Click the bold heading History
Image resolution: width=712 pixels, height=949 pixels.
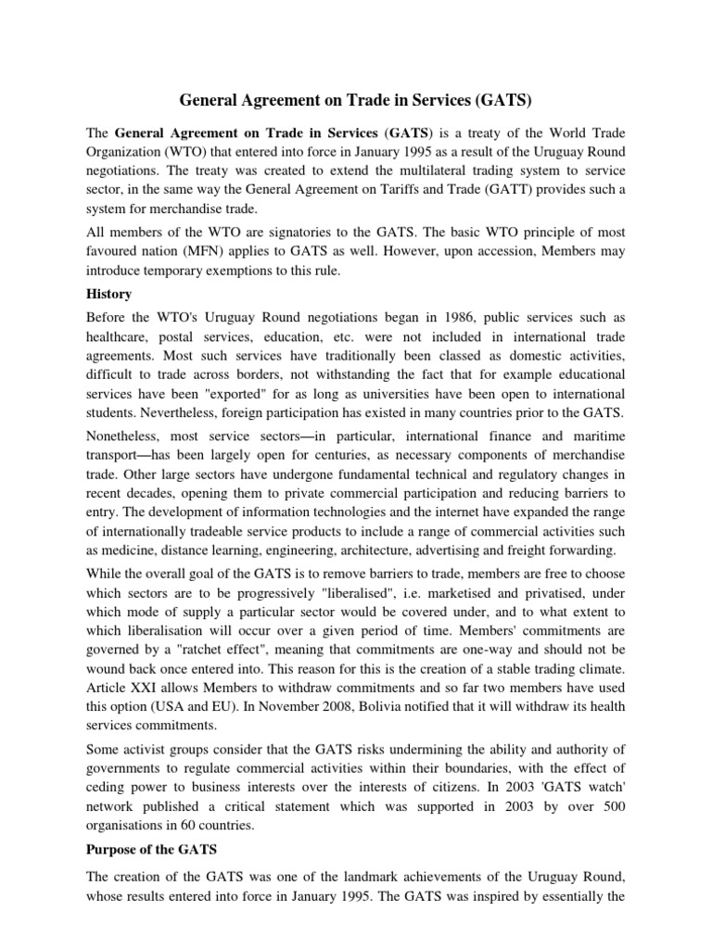pos(109,294)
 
